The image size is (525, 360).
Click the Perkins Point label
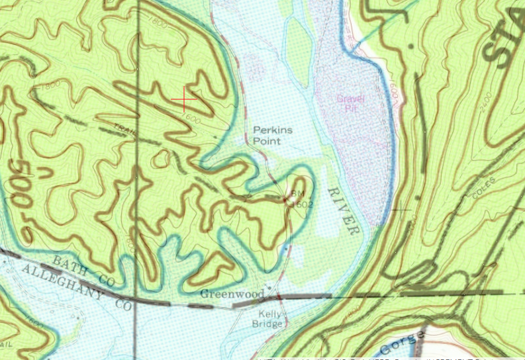click(272, 136)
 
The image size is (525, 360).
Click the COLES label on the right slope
click(485, 189)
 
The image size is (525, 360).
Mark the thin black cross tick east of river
click(401, 210)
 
